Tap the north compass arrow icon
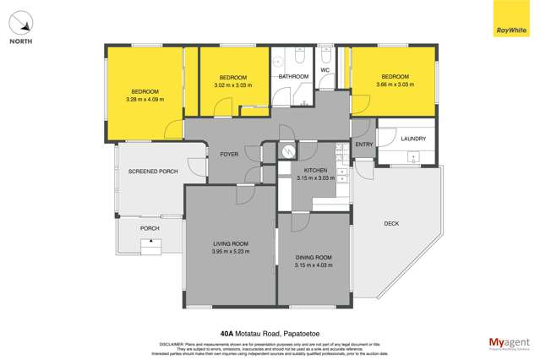[x=23, y=21]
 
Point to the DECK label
[x=390, y=223]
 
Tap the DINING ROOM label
[x=313, y=257]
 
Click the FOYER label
[x=229, y=155]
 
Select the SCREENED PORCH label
[x=153, y=172]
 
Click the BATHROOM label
[x=294, y=77]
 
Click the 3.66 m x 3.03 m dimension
[x=395, y=84]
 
